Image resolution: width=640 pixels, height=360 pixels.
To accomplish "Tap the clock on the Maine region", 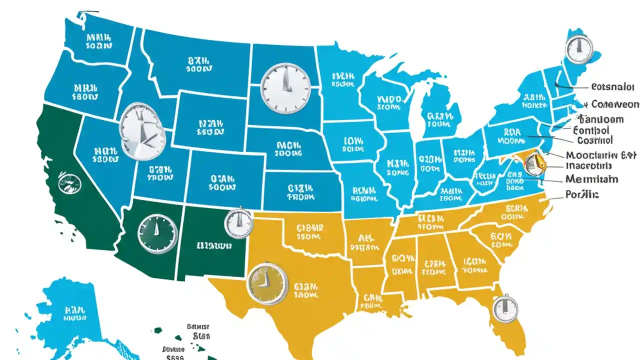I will click(x=578, y=49).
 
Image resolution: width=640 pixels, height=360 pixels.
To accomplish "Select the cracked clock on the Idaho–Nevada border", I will click(x=142, y=131).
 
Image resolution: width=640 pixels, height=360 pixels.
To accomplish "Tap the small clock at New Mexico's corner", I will click(x=239, y=223).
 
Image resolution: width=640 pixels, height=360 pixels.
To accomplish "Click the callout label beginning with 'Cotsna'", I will click(x=612, y=86).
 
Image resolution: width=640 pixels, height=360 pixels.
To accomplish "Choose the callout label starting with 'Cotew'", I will click(x=614, y=104).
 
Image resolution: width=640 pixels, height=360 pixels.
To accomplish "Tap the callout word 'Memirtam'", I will click(x=591, y=179).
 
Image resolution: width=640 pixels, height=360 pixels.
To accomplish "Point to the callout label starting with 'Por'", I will click(x=582, y=194).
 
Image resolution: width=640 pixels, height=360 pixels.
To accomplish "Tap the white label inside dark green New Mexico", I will click(x=214, y=245).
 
